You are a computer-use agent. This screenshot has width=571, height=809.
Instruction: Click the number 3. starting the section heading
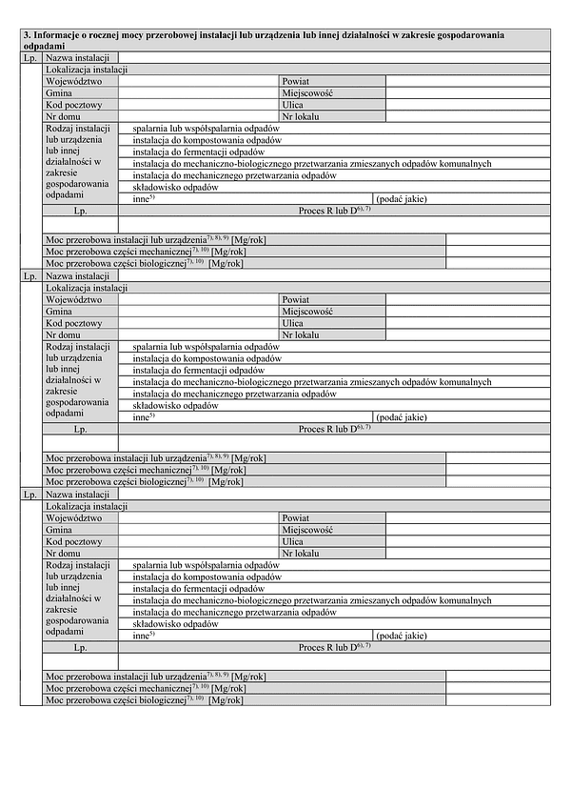tap(27, 35)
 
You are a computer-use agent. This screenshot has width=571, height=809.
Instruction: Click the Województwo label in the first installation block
tap(73, 82)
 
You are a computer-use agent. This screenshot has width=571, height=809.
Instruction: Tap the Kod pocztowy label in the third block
tap(73, 541)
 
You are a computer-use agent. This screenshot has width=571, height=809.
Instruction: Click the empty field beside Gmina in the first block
tap(198, 93)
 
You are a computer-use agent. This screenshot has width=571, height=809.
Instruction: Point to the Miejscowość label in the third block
tap(306, 530)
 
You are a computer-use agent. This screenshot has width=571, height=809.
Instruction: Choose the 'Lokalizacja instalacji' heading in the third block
tap(87, 506)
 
